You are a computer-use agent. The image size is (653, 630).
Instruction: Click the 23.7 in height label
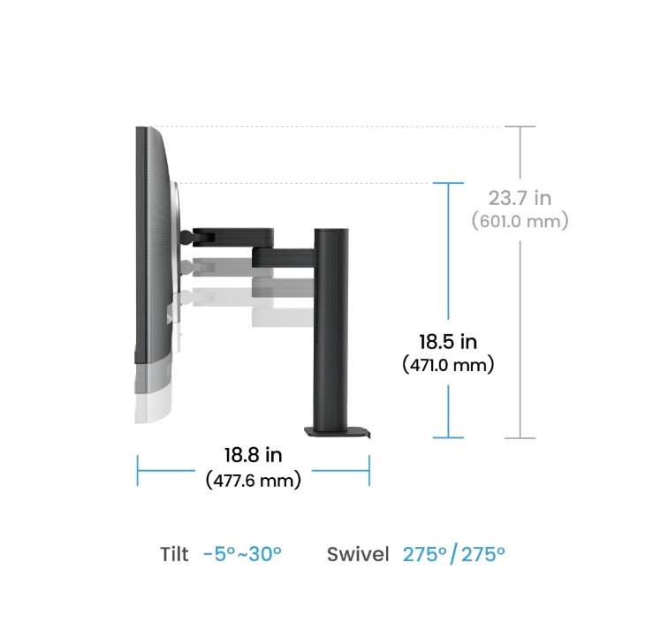tap(520, 198)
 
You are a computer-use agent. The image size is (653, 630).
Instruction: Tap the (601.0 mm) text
tap(520, 221)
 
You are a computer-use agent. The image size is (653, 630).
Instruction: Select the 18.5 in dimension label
tap(448, 340)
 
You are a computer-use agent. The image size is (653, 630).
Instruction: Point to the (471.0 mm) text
tap(448, 363)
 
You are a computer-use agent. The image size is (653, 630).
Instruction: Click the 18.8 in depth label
tap(253, 456)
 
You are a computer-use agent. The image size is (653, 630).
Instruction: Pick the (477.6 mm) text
tap(254, 480)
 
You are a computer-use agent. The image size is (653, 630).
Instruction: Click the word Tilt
tap(174, 555)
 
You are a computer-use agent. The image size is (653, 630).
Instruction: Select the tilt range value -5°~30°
tap(241, 555)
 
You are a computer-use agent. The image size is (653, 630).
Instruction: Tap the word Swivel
tap(358, 555)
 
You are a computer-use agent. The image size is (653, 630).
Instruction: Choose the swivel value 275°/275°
tap(454, 555)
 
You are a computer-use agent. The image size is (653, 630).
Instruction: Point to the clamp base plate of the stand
tap(336, 432)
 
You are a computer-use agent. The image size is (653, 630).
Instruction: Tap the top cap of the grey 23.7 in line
tap(526, 126)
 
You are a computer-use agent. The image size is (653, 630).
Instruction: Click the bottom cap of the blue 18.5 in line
tap(449, 436)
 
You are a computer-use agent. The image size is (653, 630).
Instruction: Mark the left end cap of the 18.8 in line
tap(137, 470)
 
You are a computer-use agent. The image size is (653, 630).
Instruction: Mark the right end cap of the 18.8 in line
tap(368, 470)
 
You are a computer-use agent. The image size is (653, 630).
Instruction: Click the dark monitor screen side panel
tap(141, 239)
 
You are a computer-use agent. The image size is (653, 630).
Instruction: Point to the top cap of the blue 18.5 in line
tap(449, 183)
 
